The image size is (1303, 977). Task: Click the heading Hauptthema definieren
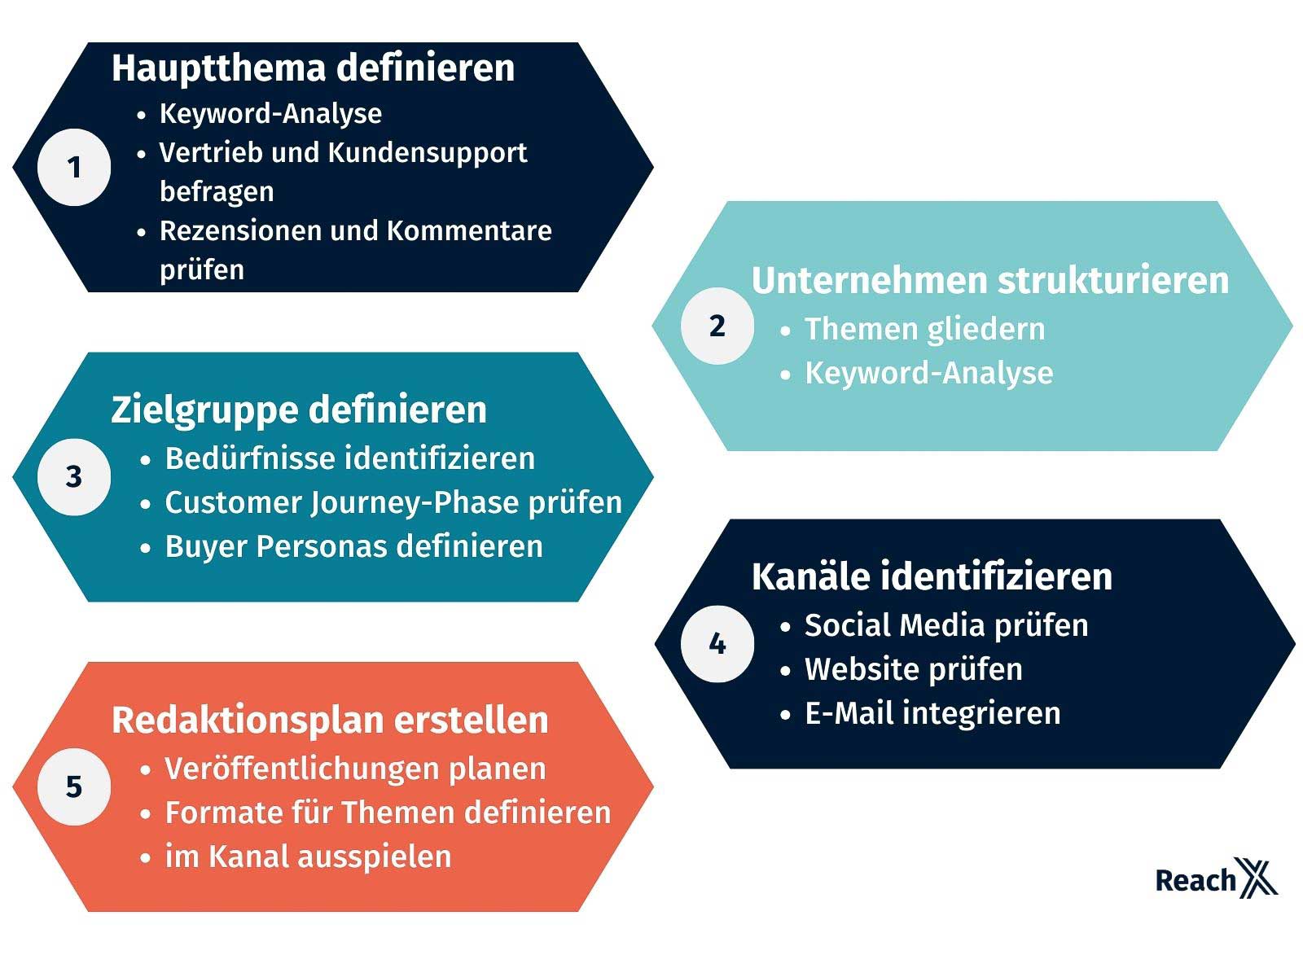pyautogui.click(x=313, y=68)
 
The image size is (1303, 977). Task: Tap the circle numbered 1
pyautogui.click(x=74, y=167)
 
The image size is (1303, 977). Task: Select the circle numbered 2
pyautogui.click(x=717, y=326)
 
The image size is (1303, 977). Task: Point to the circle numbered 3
pyautogui.click(x=74, y=477)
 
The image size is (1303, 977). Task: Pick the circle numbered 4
pyautogui.click(x=717, y=644)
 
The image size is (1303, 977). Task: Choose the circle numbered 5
pyautogui.click(x=74, y=786)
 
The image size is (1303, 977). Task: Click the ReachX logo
pyautogui.click(x=1216, y=878)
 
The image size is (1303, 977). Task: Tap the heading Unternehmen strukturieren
pyautogui.click(x=989, y=280)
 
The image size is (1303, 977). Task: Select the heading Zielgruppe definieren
pyautogui.click(x=299, y=410)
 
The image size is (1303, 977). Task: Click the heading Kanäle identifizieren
pyautogui.click(x=932, y=576)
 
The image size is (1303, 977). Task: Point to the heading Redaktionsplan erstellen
pyautogui.click(x=330, y=721)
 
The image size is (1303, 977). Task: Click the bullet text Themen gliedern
pyautogui.click(x=924, y=329)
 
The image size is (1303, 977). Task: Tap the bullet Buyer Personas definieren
pyautogui.click(x=353, y=546)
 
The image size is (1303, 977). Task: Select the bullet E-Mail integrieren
pyautogui.click(x=932, y=713)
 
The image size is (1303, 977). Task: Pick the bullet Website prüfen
pyautogui.click(x=914, y=670)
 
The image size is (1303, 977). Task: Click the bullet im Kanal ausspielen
pyautogui.click(x=308, y=857)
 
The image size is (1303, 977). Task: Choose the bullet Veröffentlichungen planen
pyautogui.click(x=355, y=769)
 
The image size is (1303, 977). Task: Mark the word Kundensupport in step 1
pyautogui.click(x=428, y=154)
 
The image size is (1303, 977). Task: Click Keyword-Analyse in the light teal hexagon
pyautogui.click(x=928, y=374)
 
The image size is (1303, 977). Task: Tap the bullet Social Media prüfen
pyautogui.click(x=946, y=626)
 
